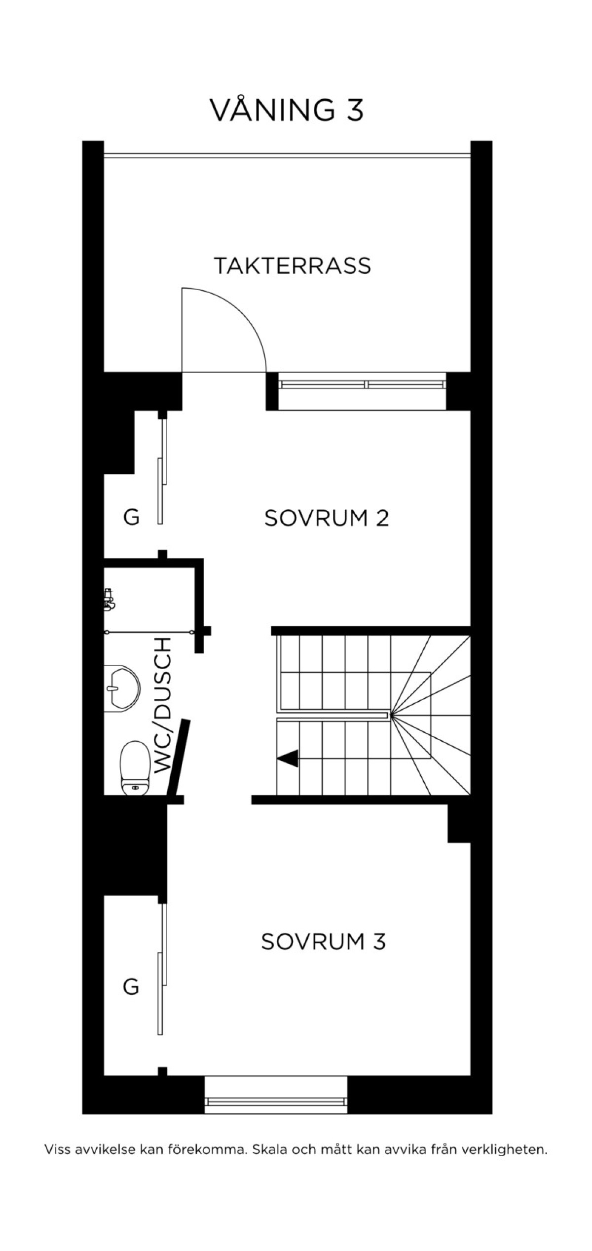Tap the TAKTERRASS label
(293, 265)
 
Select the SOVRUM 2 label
(327, 518)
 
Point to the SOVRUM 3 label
(323, 942)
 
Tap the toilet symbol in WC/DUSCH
(135, 767)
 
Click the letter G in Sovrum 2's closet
(131, 518)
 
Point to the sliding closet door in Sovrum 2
(162, 469)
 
